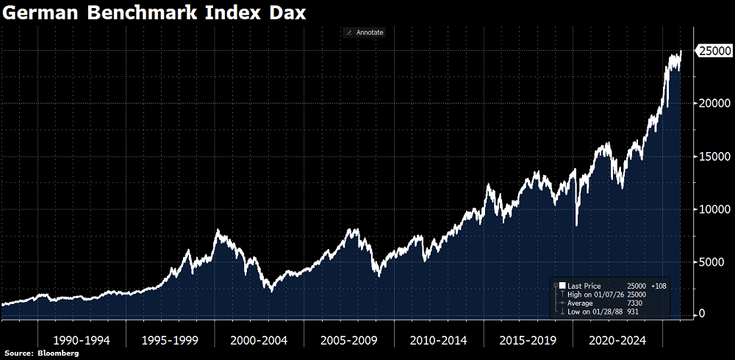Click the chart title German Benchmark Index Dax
(155, 13)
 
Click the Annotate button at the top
(365, 32)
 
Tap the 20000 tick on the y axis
(711, 104)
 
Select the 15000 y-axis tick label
(711, 156)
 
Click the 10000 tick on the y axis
(711, 209)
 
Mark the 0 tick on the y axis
(702, 314)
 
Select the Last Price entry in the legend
(584, 285)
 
